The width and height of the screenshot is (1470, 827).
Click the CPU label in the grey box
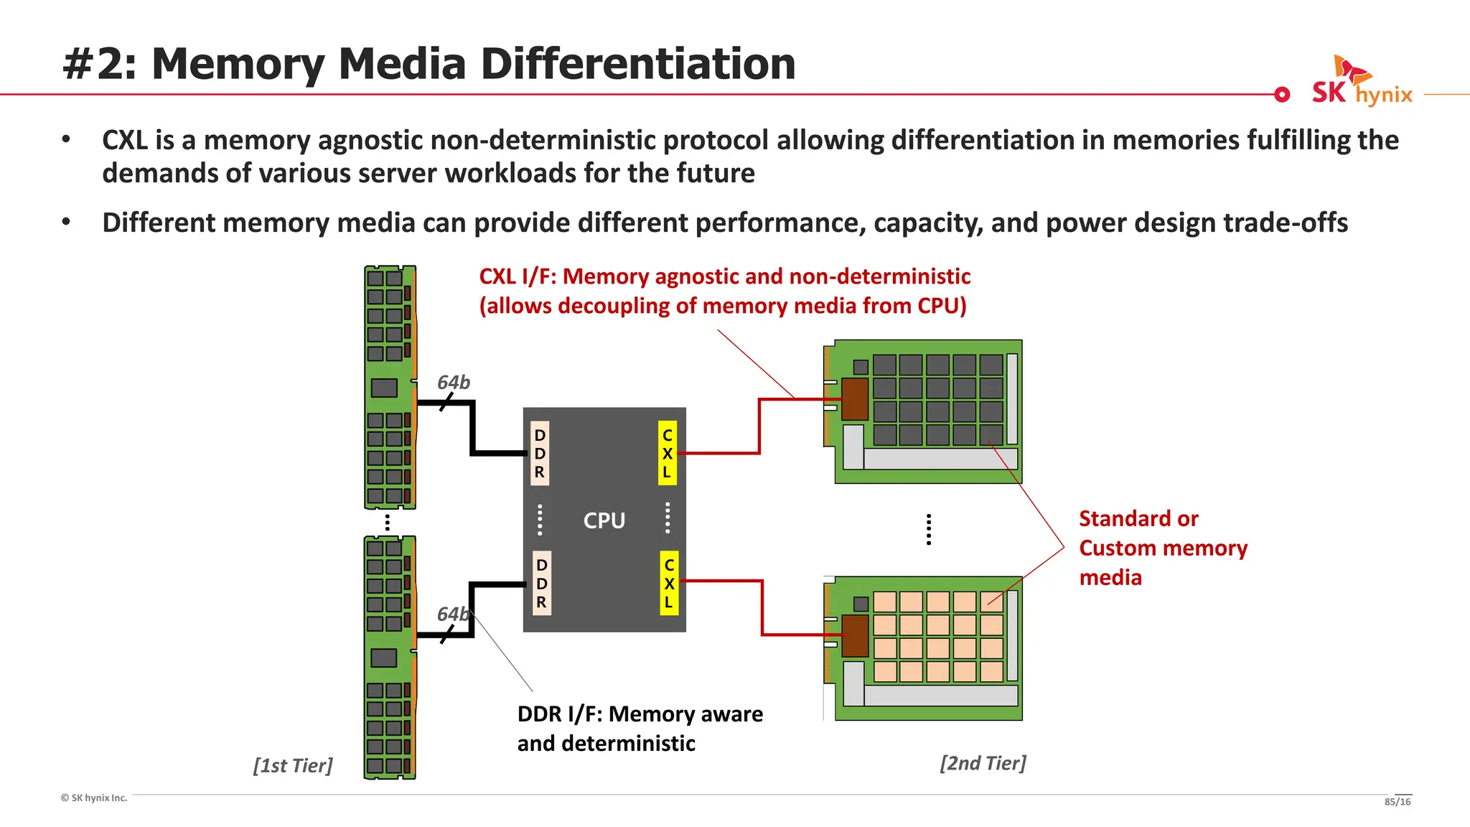(604, 520)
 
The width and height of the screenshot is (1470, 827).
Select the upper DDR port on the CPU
(540, 454)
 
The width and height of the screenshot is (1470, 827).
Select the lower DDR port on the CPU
(541, 584)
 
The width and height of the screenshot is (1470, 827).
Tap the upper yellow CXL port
(667, 454)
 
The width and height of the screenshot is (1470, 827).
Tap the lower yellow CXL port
(668, 584)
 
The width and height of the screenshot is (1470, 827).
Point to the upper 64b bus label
(454, 383)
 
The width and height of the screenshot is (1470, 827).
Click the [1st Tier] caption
(293, 765)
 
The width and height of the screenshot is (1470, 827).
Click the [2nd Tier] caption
(983, 763)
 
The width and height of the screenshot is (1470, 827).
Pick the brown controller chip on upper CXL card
(854, 399)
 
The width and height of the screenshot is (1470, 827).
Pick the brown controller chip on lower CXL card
(854, 635)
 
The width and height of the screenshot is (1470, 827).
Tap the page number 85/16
(1397, 802)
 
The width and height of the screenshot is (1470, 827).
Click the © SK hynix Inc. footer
(94, 798)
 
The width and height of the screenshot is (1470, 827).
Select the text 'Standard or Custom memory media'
(1162, 548)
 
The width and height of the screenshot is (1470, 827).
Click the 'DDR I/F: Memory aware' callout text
(640, 714)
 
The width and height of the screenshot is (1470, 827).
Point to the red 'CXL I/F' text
(724, 277)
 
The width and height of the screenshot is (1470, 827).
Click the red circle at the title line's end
(1282, 94)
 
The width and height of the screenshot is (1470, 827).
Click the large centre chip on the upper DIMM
(384, 388)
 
